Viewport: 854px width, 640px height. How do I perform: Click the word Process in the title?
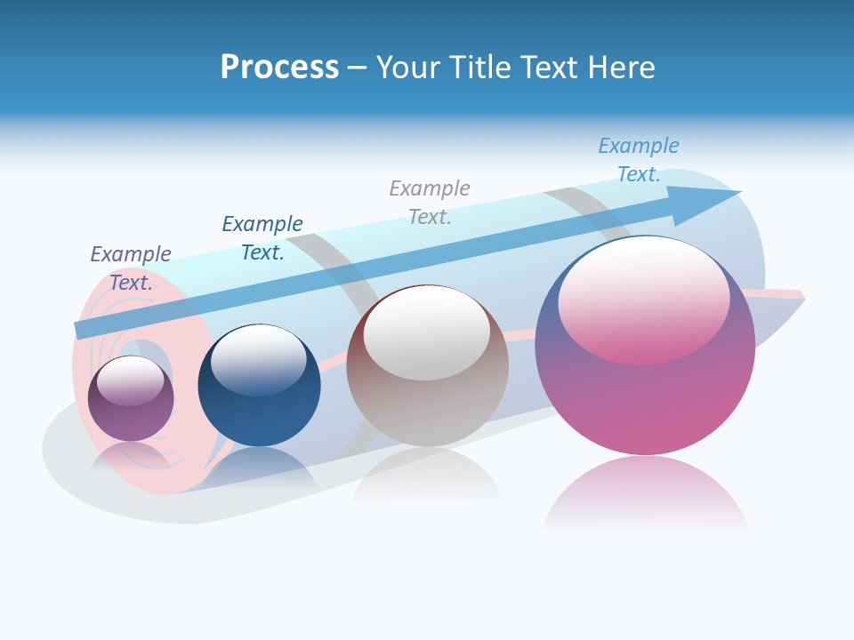click(279, 68)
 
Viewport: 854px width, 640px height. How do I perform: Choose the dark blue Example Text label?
click(262, 238)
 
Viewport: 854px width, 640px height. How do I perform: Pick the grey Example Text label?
click(430, 203)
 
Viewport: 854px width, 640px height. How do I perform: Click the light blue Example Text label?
click(638, 160)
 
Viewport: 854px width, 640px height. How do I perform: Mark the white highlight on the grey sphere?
click(427, 332)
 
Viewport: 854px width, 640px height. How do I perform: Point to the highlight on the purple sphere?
click(131, 380)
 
